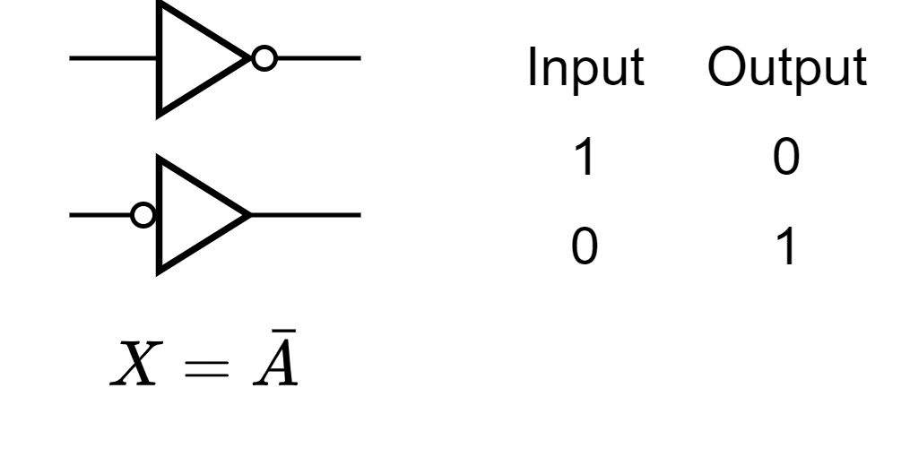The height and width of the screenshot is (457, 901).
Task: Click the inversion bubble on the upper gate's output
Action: pos(263,59)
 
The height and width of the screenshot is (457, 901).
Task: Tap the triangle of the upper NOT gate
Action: pos(197,59)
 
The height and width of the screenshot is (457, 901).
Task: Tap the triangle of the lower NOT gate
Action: pos(197,215)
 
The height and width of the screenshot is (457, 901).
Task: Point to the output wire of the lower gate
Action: pos(305,215)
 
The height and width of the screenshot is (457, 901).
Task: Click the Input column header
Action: pos(585,69)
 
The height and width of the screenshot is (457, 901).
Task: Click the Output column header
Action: pos(786,69)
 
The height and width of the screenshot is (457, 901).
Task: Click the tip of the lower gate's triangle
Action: pos(247,215)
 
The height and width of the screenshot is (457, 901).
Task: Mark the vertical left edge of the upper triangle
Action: pos(160,59)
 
